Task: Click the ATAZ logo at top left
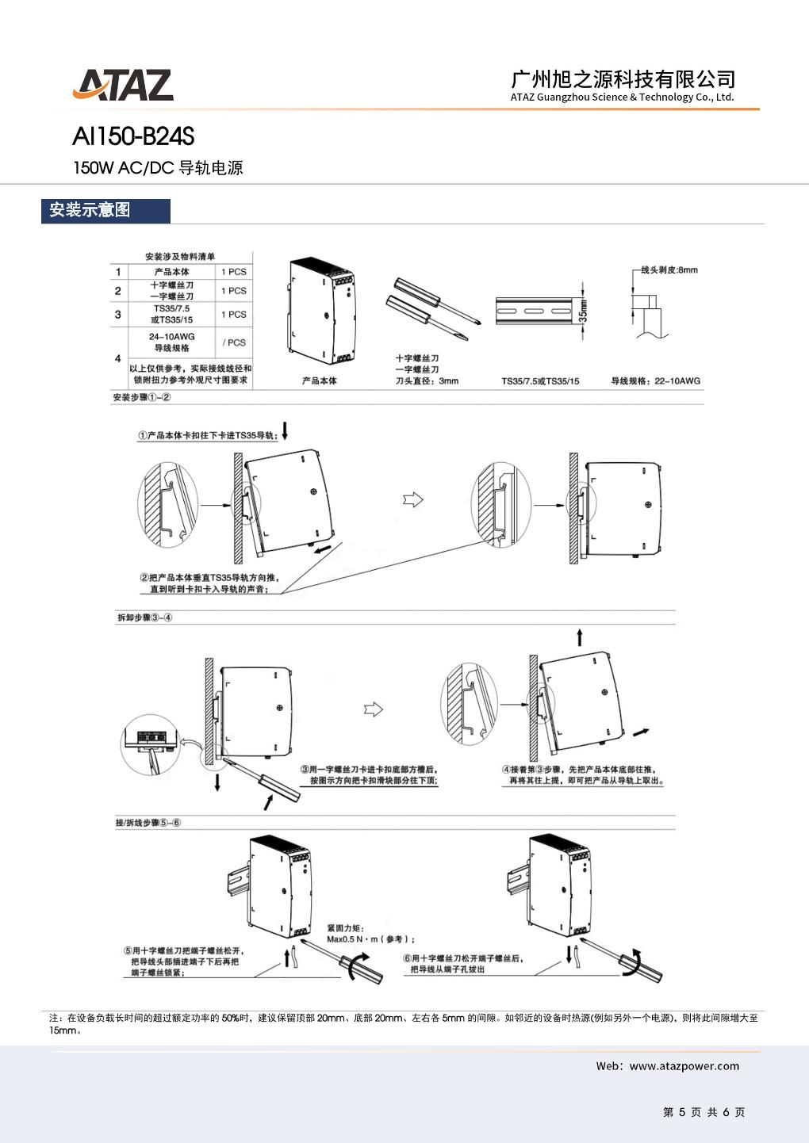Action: (123, 86)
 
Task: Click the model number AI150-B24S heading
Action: (132, 138)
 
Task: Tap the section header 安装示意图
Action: (90, 210)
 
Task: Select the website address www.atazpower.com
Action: (684, 1066)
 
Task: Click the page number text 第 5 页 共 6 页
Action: (704, 1112)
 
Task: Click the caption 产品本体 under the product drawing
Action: (319, 381)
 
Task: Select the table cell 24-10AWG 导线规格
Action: (171, 342)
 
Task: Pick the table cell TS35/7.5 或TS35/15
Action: (171, 315)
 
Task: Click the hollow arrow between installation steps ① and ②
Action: (413, 499)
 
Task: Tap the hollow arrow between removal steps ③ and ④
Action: (373, 709)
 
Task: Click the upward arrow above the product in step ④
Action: (580, 637)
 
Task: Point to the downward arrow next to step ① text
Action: (286, 431)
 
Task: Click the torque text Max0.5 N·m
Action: (370, 939)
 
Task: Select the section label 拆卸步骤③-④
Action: (144, 617)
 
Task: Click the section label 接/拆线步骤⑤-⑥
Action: (148, 823)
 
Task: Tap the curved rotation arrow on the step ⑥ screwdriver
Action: (635, 962)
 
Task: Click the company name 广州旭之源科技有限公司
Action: (623, 78)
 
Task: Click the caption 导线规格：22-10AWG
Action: (655, 381)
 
